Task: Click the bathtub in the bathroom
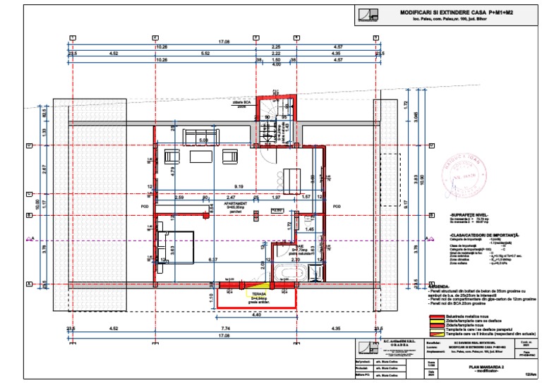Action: [290, 272]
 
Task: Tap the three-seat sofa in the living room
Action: [204, 135]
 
